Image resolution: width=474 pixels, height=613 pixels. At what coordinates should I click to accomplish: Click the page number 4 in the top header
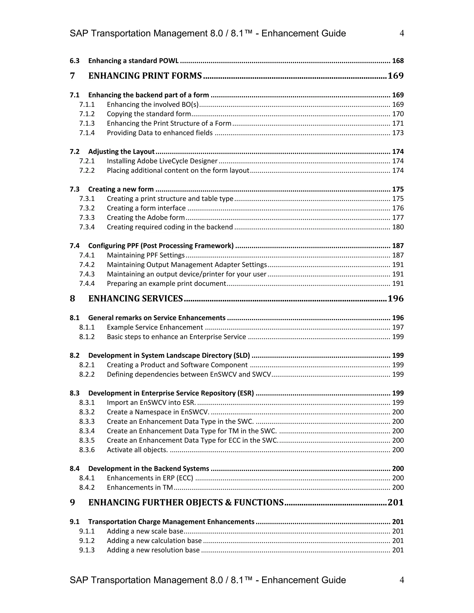402,33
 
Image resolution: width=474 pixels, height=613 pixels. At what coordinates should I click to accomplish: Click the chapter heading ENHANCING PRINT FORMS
145,76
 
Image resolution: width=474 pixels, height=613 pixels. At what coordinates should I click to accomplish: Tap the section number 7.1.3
87,124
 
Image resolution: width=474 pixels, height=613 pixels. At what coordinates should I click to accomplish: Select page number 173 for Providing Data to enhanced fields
398,133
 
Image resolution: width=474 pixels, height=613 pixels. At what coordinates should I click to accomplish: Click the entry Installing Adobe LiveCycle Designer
162,161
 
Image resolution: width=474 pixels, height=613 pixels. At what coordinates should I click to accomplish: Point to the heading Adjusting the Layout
121,152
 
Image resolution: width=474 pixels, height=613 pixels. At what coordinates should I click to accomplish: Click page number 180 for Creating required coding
398,227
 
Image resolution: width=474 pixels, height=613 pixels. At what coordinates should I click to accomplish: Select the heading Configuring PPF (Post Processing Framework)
161,246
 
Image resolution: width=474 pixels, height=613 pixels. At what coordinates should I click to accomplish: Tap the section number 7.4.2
87,265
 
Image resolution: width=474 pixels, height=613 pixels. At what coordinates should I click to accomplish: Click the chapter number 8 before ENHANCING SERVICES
72,298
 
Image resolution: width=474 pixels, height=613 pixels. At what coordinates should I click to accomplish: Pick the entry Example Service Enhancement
155,327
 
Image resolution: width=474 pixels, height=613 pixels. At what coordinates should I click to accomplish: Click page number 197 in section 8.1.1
398,327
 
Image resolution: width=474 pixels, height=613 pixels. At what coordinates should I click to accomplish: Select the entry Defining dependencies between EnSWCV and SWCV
189,375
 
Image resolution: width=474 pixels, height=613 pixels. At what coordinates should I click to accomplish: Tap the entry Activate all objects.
137,450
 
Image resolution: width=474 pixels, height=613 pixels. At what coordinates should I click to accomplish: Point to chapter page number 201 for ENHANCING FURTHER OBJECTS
395,502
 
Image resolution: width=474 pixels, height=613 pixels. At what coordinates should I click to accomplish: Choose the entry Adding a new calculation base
154,541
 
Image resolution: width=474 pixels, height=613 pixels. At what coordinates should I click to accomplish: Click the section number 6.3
75,61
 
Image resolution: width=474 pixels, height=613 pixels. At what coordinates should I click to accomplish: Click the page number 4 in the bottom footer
402,580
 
